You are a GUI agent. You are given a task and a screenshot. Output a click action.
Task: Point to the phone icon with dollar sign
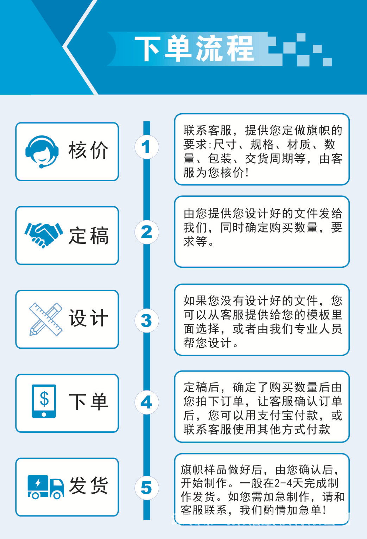coord(44,401)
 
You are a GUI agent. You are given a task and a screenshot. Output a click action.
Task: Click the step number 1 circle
coord(146,147)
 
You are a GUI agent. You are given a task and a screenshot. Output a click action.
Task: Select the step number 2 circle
coord(146,232)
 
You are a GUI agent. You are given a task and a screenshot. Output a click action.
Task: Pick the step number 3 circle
coord(146,321)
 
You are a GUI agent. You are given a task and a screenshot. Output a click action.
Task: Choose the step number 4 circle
coord(146,402)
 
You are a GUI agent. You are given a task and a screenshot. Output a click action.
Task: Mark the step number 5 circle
coord(146,488)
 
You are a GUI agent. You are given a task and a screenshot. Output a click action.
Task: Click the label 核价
coord(88,151)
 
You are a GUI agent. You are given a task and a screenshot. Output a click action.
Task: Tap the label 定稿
coord(88,235)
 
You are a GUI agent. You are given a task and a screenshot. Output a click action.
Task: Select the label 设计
coord(88,318)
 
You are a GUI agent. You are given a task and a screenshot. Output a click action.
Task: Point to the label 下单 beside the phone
coord(88,401)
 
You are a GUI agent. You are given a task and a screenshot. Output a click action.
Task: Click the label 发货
coord(88,486)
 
